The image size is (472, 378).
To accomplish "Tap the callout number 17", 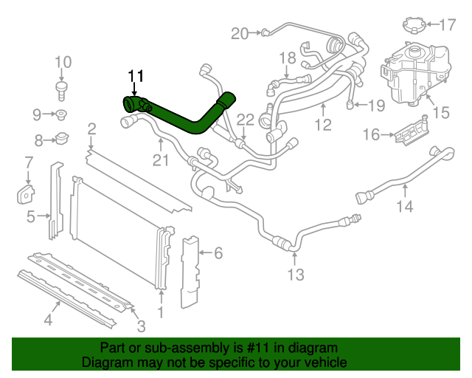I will tap(448, 25).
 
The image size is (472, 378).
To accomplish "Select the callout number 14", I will tap(405, 207).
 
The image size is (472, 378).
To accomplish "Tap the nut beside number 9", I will tap(63, 114).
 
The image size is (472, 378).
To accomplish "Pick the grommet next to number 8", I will tap(63, 138).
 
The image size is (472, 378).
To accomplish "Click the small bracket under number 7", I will tap(26, 193).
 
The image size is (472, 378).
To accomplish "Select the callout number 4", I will tap(48, 320).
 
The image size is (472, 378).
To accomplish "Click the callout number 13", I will tap(295, 275).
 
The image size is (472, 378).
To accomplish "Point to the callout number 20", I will tap(240, 32).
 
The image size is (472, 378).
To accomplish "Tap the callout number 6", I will tap(218, 254).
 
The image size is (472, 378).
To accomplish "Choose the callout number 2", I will tap(91, 130).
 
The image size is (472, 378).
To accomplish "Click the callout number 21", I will tap(161, 160).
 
